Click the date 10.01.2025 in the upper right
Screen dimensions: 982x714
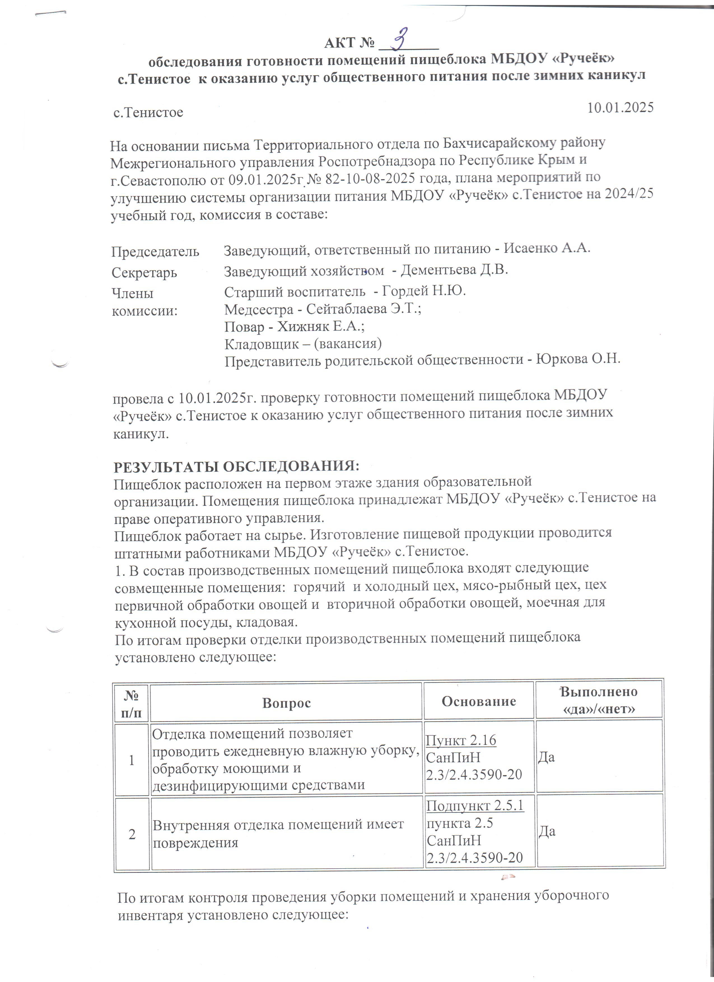point(620,107)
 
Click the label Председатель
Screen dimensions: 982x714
point(155,252)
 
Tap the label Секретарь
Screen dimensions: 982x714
point(144,273)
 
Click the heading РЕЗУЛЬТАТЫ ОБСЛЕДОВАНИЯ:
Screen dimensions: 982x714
point(236,467)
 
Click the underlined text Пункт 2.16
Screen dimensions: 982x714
point(461,740)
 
